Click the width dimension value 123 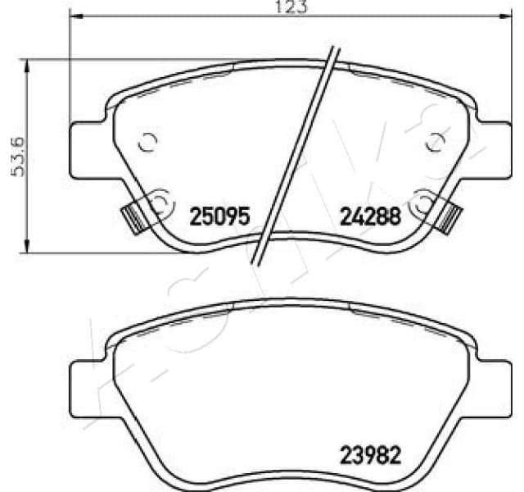click(273, 7)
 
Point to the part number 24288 click(370, 218)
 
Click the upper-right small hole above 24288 click(435, 143)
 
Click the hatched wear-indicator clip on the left click(131, 216)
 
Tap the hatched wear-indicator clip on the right click(450, 216)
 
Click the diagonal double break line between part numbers click(296, 156)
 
